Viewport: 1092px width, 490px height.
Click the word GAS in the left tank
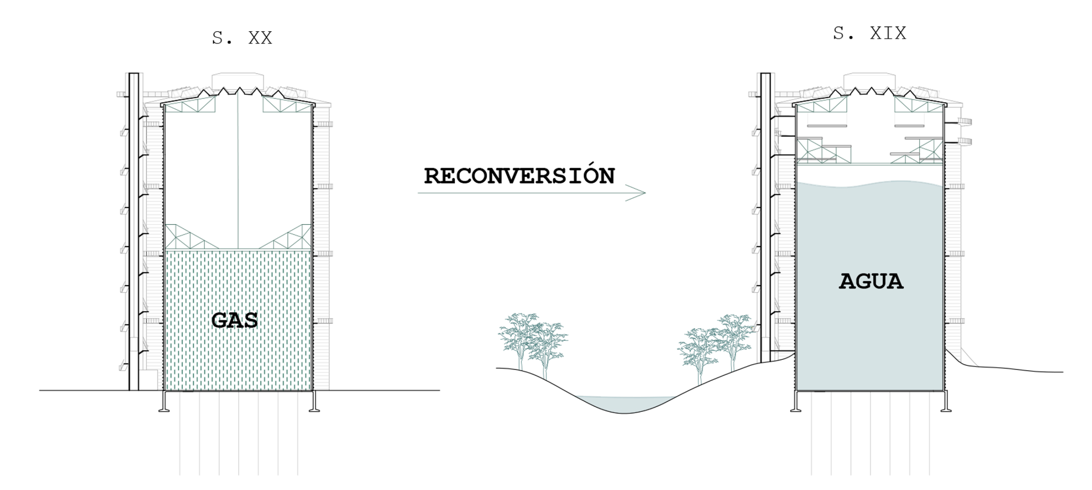pyautogui.click(x=235, y=320)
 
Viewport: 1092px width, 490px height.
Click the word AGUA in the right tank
pyautogui.click(x=871, y=281)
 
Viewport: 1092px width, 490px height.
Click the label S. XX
pyautogui.click(x=242, y=38)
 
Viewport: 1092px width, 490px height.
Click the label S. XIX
pyautogui.click(x=869, y=33)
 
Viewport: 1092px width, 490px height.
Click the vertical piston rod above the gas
pyautogui.click(x=238, y=171)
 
